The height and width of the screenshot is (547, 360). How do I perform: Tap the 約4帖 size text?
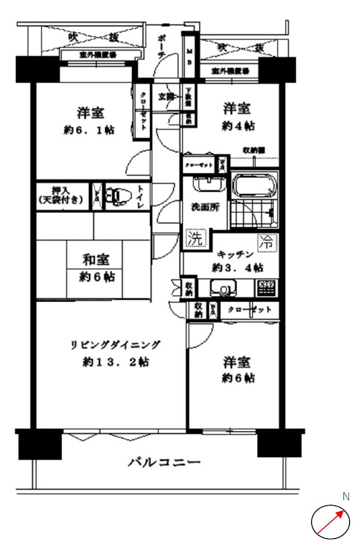point(238,126)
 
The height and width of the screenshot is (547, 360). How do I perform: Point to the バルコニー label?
point(164,462)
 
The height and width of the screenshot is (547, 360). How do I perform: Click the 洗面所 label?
point(205,206)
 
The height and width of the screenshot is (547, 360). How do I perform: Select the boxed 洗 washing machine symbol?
point(195,238)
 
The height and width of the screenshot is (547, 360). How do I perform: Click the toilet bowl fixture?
point(117,196)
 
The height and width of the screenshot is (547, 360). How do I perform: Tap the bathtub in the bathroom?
point(257,187)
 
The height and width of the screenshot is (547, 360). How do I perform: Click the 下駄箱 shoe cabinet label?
point(187,98)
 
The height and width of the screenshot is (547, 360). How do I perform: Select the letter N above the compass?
point(346,497)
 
